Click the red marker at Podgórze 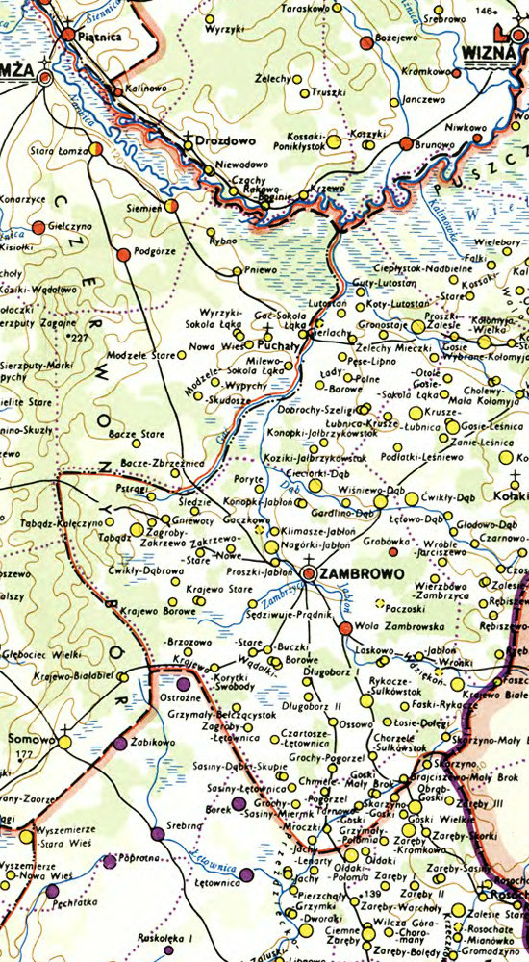[123, 255]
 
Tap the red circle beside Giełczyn [38, 228]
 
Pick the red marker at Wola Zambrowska [345, 628]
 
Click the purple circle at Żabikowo [119, 744]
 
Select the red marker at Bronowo [406, 143]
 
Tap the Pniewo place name [261, 271]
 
